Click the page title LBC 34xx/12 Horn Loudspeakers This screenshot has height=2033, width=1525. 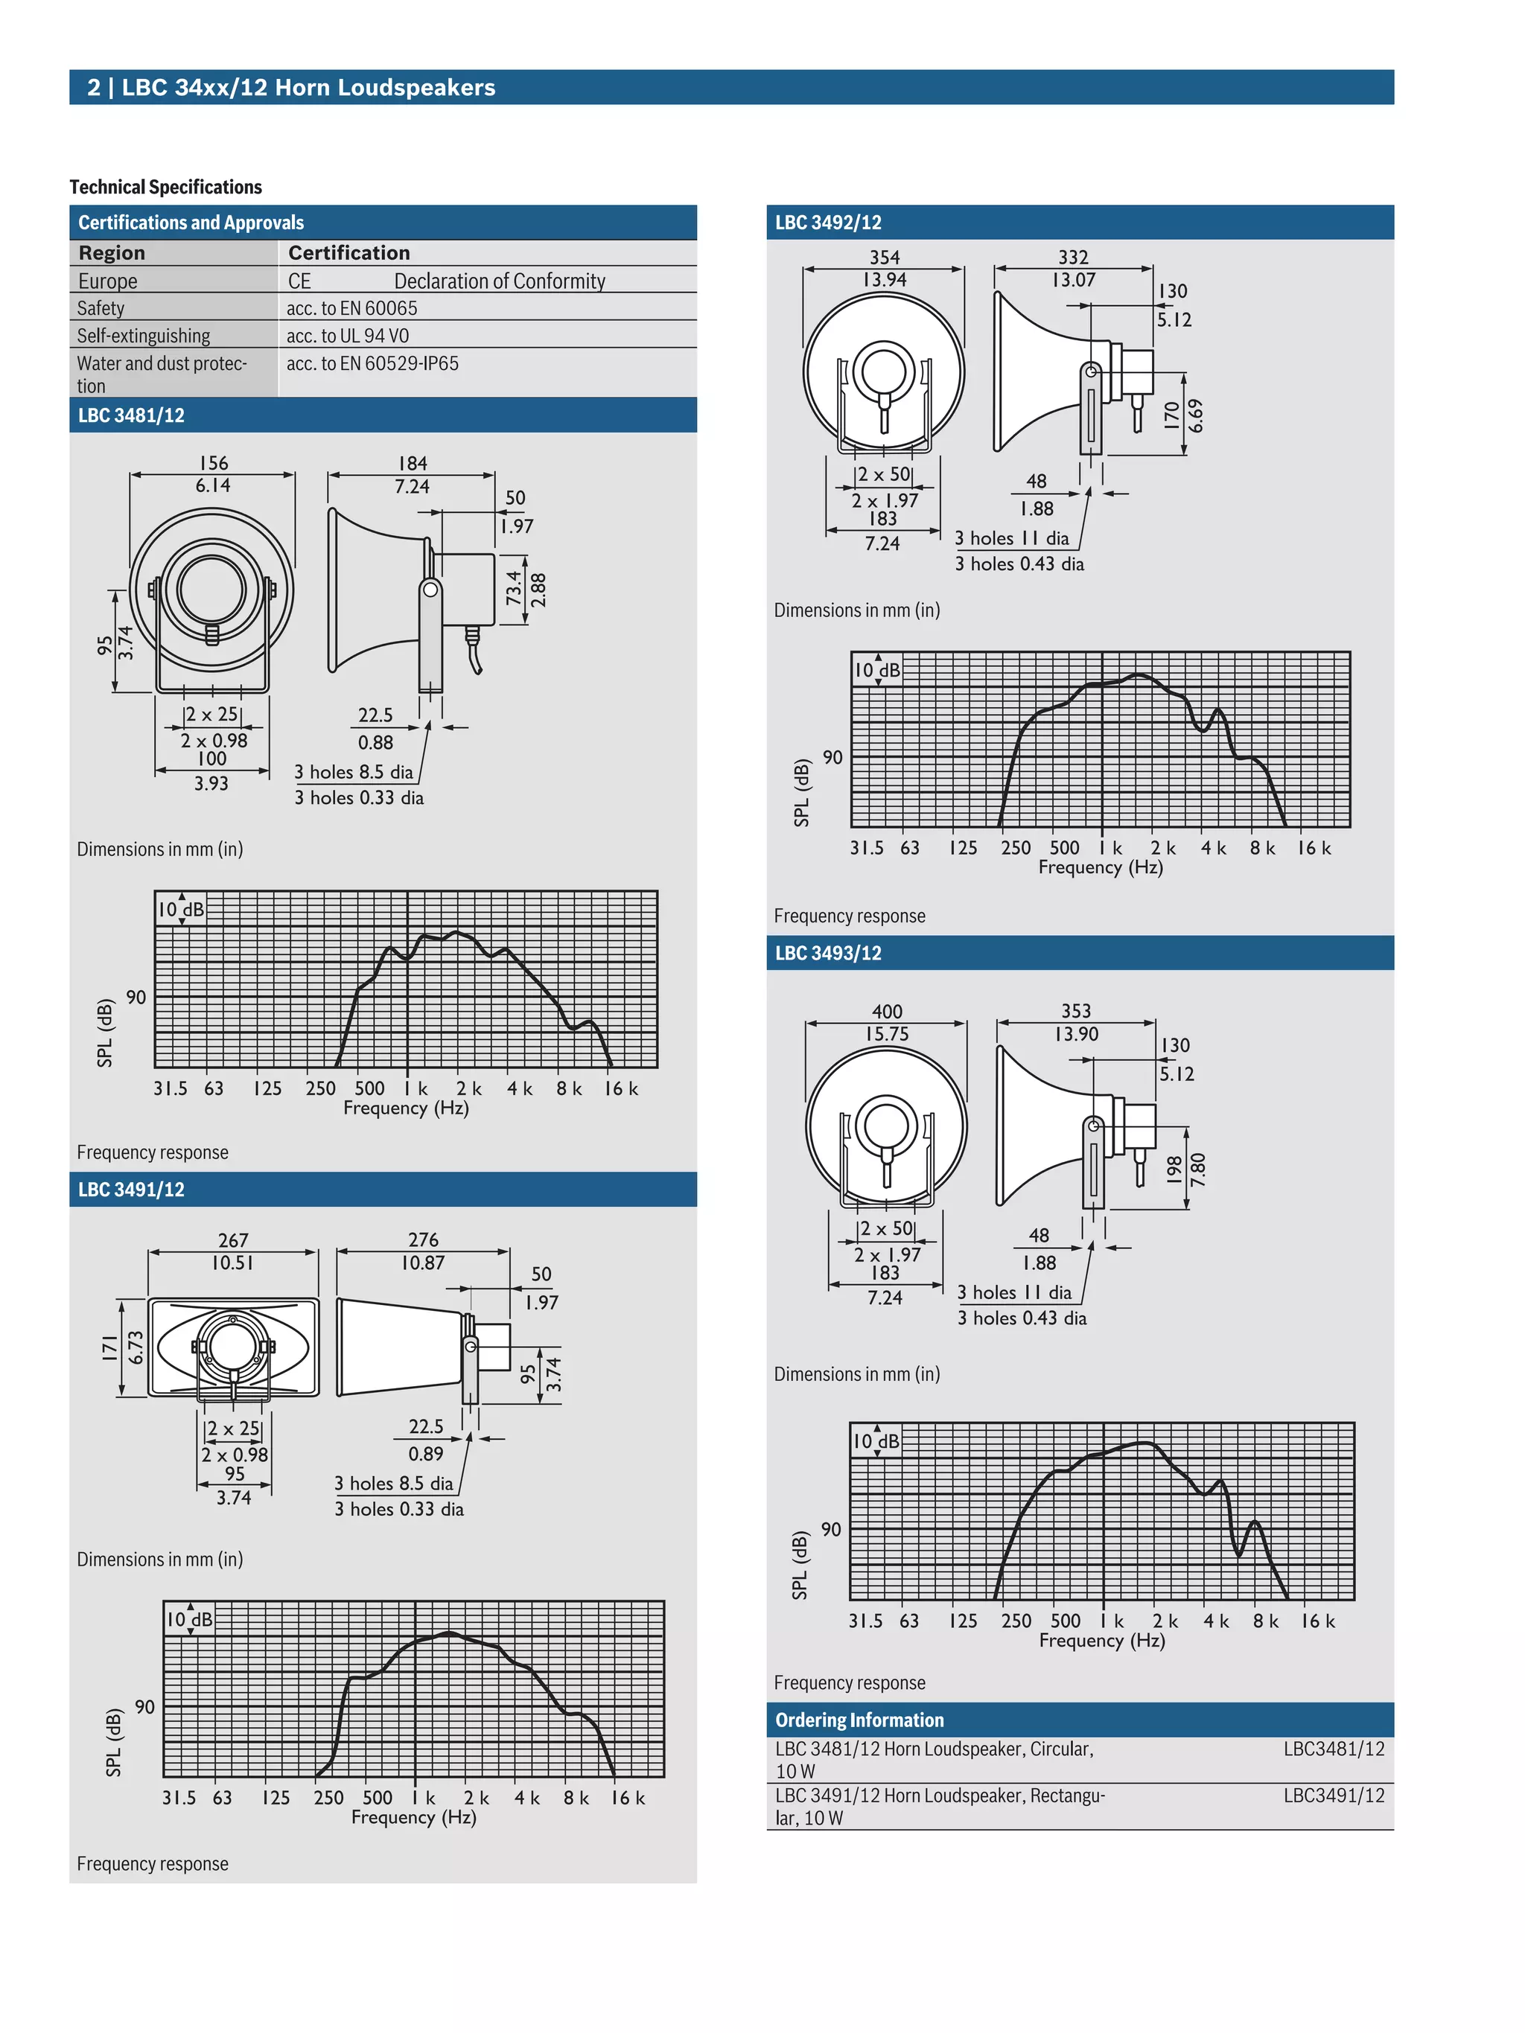coord(308,87)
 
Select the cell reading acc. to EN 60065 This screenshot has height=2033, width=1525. coord(351,308)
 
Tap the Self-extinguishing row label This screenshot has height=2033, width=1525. coord(144,336)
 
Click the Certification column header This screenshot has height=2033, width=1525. coord(348,253)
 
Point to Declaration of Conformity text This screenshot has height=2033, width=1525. coord(499,281)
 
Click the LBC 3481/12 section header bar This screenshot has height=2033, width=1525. coord(383,415)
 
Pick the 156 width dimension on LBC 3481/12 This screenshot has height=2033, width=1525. coord(213,463)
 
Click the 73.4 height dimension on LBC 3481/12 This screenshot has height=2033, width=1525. coord(513,588)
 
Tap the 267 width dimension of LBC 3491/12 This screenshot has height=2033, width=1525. coord(234,1241)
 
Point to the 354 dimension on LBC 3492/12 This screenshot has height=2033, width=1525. coord(885,258)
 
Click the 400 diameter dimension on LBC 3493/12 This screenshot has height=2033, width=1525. coord(886,1011)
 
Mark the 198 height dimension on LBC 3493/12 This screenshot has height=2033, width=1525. coord(1174,1169)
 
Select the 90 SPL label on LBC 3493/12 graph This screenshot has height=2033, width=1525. coord(830,1529)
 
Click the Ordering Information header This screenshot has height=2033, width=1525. coord(859,1720)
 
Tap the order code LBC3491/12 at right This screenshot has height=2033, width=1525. coord(1333,1795)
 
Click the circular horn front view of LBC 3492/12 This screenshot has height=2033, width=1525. coord(883,372)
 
